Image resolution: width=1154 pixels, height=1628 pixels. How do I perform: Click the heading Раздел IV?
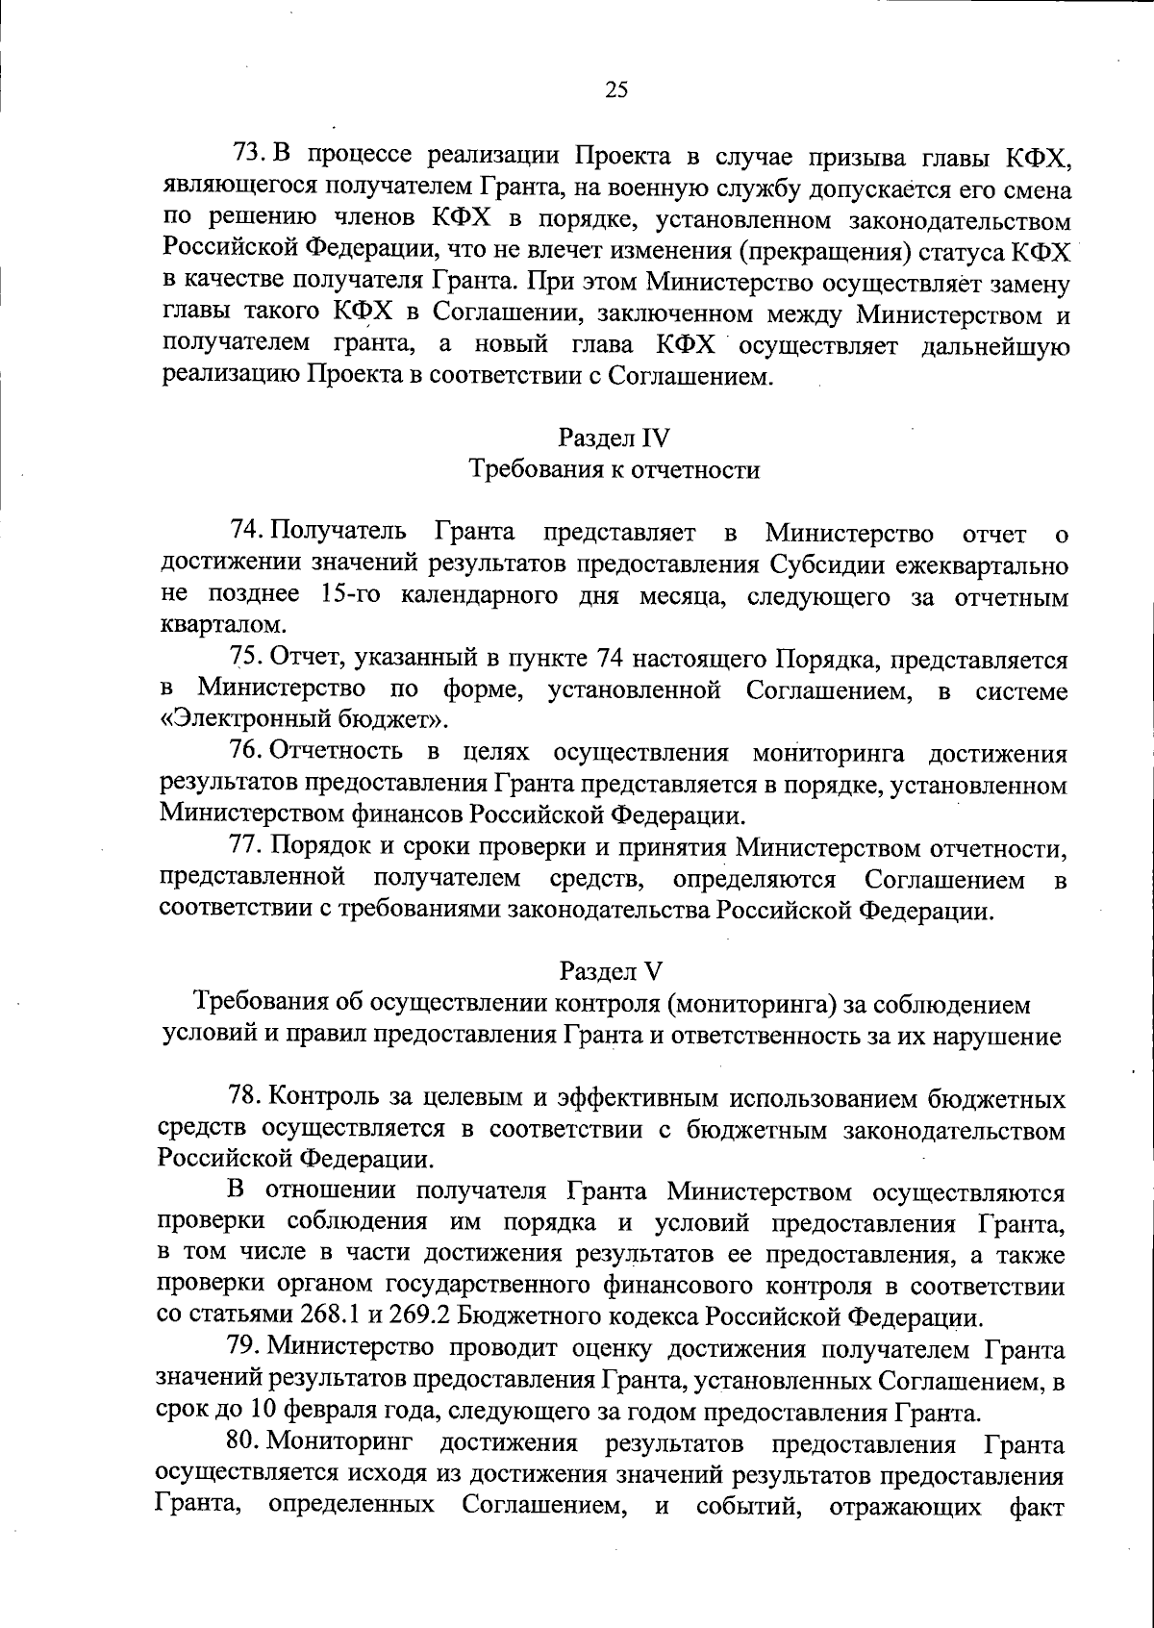click(614, 438)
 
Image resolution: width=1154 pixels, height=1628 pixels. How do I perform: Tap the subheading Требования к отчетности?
click(614, 470)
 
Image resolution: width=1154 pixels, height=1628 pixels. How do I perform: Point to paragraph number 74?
click(247, 531)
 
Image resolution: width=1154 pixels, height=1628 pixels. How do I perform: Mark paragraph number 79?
click(246, 1349)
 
